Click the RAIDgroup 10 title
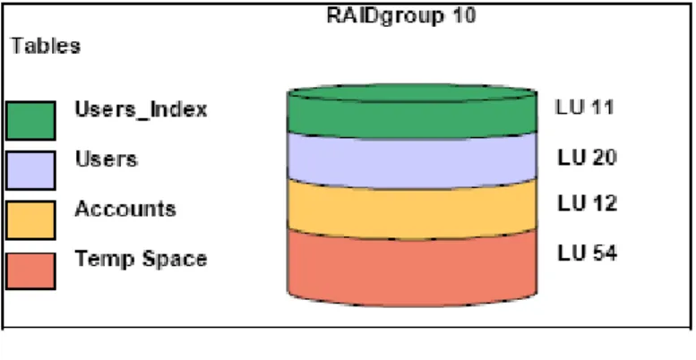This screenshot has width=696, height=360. pos(400,15)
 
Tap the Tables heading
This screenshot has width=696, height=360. pos(46,46)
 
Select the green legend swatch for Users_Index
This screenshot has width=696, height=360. pos(30,120)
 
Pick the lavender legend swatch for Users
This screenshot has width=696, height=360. pos(30,170)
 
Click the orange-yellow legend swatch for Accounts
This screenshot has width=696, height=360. pos(30,219)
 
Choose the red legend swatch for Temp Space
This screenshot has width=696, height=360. pos(30,270)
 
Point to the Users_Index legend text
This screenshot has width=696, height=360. pos(141,109)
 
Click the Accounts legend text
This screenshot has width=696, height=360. pos(125,209)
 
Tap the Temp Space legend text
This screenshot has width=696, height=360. pos(141,259)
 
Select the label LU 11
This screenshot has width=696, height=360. pos(585,107)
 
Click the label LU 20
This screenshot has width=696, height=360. pos(587,158)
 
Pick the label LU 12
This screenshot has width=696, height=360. pos(587,203)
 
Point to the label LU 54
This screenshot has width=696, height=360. pos(587,253)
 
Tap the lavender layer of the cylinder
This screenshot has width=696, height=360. pos(412,160)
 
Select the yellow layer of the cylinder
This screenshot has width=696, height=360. pos(412,210)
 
